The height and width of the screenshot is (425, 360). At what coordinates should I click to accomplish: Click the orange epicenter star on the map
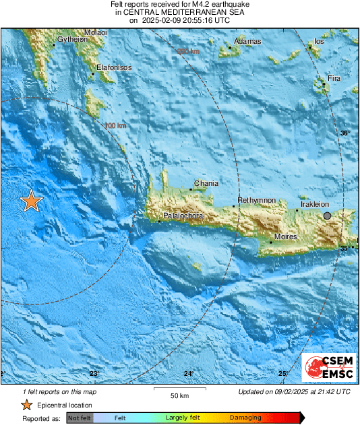[x=30, y=201]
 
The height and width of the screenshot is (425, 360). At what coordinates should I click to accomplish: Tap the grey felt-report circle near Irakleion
[x=327, y=216]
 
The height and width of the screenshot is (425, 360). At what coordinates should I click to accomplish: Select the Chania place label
[x=206, y=183]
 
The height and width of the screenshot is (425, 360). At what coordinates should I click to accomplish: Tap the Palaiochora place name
[x=180, y=216]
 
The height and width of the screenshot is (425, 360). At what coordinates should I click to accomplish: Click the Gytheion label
[x=73, y=40]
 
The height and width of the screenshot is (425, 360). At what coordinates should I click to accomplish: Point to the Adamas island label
[x=247, y=42]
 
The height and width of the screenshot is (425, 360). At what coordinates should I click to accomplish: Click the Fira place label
[x=334, y=79]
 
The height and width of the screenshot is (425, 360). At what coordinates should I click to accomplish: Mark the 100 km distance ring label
[x=115, y=126]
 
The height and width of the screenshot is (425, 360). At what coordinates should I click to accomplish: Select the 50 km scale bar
[x=178, y=389]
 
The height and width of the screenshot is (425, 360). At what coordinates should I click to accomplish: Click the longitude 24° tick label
[x=189, y=373]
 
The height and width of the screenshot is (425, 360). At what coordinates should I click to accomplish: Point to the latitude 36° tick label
[x=344, y=133]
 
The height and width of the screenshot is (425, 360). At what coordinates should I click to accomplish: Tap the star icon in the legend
[x=26, y=405]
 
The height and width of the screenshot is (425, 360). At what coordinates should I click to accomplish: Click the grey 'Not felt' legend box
[x=80, y=418]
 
